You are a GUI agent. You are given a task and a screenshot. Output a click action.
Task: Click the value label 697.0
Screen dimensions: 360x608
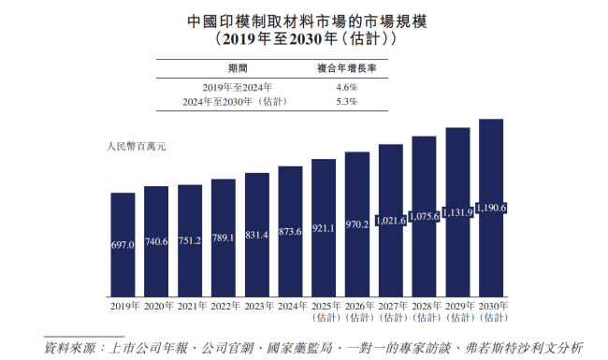pyautogui.click(x=123, y=244)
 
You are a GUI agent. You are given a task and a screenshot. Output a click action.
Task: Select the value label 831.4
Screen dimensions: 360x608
pyautogui.click(x=256, y=234)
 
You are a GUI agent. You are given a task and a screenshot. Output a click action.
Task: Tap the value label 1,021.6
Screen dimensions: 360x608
pyautogui.click(x=390, y=221)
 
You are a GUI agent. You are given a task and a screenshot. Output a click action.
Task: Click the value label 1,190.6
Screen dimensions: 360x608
pyautogui.click(x=491, y=208)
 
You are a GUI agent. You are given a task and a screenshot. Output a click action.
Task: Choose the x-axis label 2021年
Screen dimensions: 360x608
pyautogui.click(x=190, y=306)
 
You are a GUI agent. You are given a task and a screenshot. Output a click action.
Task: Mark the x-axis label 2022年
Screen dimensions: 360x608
pyautogui.click(x=223, y=306)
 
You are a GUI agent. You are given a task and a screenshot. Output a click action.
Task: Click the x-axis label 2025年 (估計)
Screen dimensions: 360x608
pyautogui.click(x=324, y=311)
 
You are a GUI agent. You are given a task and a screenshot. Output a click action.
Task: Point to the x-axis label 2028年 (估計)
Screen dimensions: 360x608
pyautogui.click(x=424, y=311)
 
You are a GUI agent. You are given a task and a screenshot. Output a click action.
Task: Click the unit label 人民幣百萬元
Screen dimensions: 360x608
pyautogui.click(x=136, y=146)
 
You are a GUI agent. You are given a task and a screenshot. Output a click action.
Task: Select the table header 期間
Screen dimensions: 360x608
pyautogui.click(x=238, y=69)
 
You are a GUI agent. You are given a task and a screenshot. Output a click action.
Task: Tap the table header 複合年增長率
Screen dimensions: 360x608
pyautogui.click(x=347, y=69)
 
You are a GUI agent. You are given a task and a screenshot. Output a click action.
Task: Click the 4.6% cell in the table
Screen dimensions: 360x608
pyautogui.click(x=346, y=86)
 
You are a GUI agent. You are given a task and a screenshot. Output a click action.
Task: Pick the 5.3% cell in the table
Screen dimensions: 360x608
pyautogui.click(x=346, y=101)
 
